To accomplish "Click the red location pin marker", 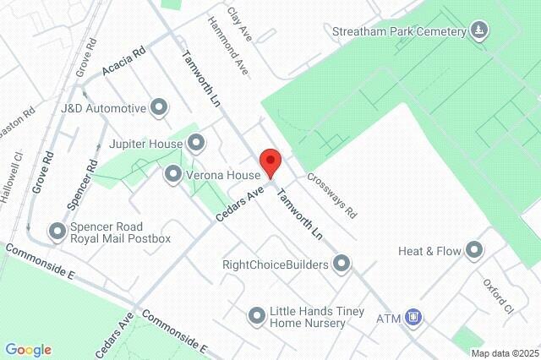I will [270, 161].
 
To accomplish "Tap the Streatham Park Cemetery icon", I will [479, 31].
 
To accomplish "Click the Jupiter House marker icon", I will [196, 142].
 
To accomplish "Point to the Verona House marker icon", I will [173, 174].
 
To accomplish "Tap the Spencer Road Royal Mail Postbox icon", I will [57, 231].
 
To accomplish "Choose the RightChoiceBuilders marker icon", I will [342, 265].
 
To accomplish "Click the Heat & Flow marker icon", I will [474, 250].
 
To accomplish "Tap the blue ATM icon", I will [413, 318].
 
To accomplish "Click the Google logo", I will [28, 349].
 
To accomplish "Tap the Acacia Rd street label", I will [123, 62].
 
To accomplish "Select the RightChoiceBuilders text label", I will [275, 265].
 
